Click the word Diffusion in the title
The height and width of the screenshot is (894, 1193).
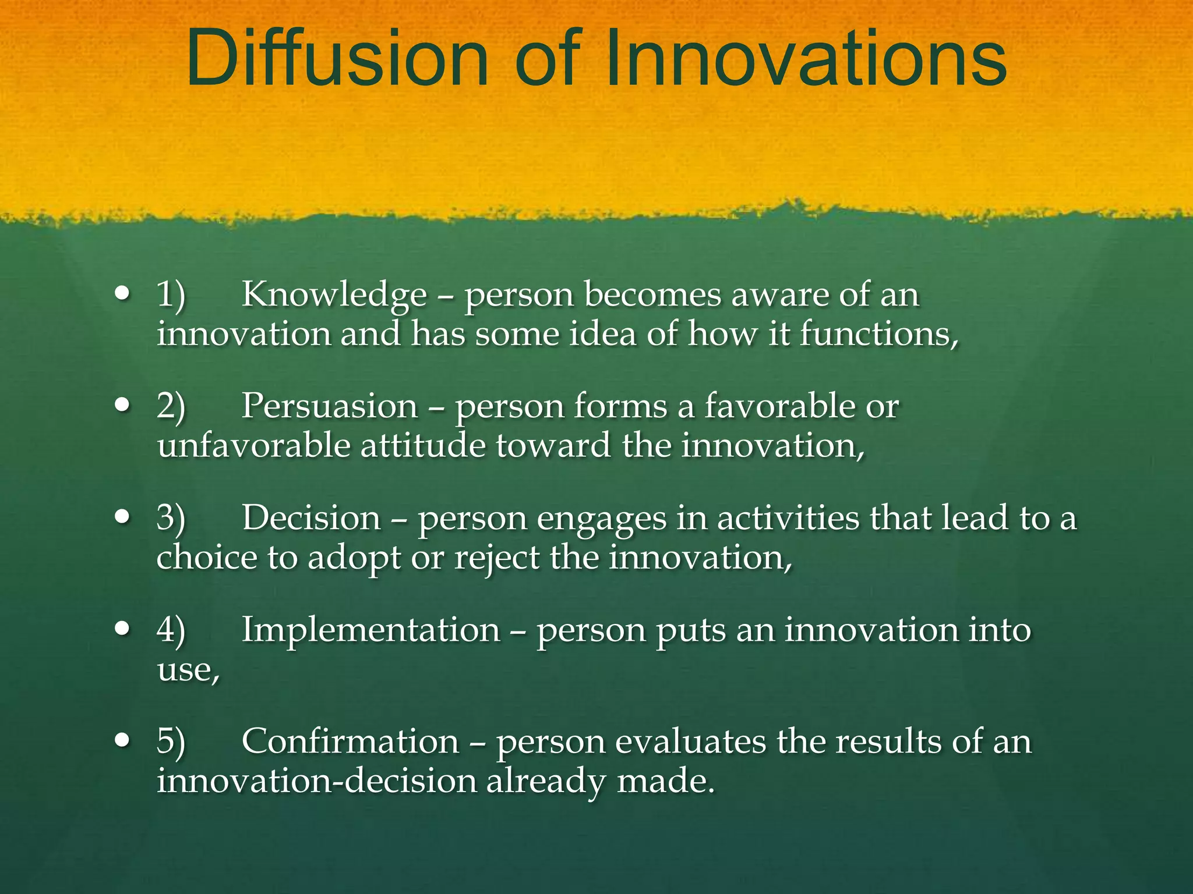[x=337, y=58]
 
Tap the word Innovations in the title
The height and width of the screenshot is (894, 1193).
[x=806, y=58]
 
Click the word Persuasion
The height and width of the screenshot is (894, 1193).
[x=330, y=406]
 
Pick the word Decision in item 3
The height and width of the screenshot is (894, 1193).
[x=311, y=518]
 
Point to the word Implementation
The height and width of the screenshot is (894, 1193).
[x=371, y=630]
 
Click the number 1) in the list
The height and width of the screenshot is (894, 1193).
[x=171, y=295]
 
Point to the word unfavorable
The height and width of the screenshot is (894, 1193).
[x=253, y=446]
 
